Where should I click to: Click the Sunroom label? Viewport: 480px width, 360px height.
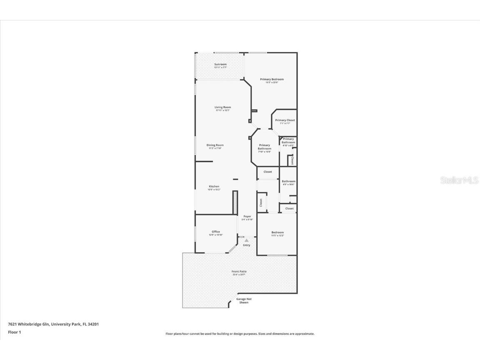pyautogui.click(x=220, y=64)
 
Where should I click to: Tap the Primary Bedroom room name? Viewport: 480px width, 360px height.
pyautogui.click(x=272, y=79)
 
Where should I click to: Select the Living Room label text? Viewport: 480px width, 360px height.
pyautogui.click(x=223, y=107)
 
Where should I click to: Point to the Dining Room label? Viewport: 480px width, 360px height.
pyautogui.click(x=215, y=145)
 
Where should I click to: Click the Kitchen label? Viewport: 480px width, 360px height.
pyautogui.click(x=214, y=186)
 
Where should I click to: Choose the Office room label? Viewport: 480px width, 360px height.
pyautogui.click(x=215, y=232)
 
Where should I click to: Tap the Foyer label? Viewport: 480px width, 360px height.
pyautogui.click(x=247, y=216)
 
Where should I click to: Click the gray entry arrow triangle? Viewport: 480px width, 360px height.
pyautogui.click(x=247, y=240)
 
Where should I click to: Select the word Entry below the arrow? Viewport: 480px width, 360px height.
pyautogui.click(x=247, y=245)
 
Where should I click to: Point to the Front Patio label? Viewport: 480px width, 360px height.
pyautogui.click(x=239, y=271)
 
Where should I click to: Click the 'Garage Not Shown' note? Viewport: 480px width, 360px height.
pyautogui.click(x=244, y=300)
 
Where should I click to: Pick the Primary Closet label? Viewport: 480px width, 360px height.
pyautogui.click(x=285, y=120)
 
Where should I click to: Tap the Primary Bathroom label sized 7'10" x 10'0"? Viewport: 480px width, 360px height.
pyautogui.click(x=265, y=147)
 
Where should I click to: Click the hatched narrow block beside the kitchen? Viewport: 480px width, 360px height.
pyautogui.click(x=235, y=202)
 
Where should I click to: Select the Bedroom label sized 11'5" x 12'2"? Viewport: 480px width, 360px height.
pyautogui.click(x=277, y=232)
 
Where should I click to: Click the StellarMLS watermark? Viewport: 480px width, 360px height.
pyautogui.click(x=460, y=180)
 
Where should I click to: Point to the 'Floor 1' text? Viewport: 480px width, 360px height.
pyautogui.click(x=14, y=332)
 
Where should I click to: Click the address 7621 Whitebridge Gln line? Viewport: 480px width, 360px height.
pyautogui.click(x=53, y=324)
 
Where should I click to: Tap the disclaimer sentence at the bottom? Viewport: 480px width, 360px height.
pyautogui.click(x=240, y=334)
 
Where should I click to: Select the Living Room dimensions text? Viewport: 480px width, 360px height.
pyautogui.click(x=223, y=110)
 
